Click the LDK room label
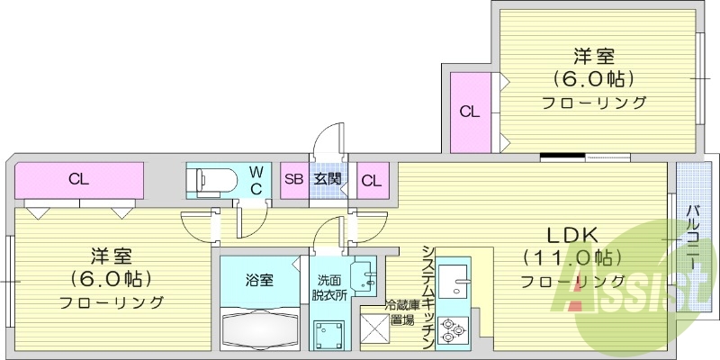tap(572, 236)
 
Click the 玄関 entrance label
tap(328, 179)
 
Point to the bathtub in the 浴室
tap(260, 329)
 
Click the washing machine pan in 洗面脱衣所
tap(328, 333)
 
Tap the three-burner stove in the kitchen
tap(453, 330)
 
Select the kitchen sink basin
tap(453, 279)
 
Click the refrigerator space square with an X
tap(373, 328)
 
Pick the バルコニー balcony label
tap(693, 238)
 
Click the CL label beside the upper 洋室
tap(470, 112)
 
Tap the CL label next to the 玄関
tap(372, 182)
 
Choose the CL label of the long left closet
tap(78, 179)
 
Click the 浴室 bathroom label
tap(259, 280)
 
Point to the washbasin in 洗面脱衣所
tap(363, 274)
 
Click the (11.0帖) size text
tap(572, 257)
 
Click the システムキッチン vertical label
tap(428, 298)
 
